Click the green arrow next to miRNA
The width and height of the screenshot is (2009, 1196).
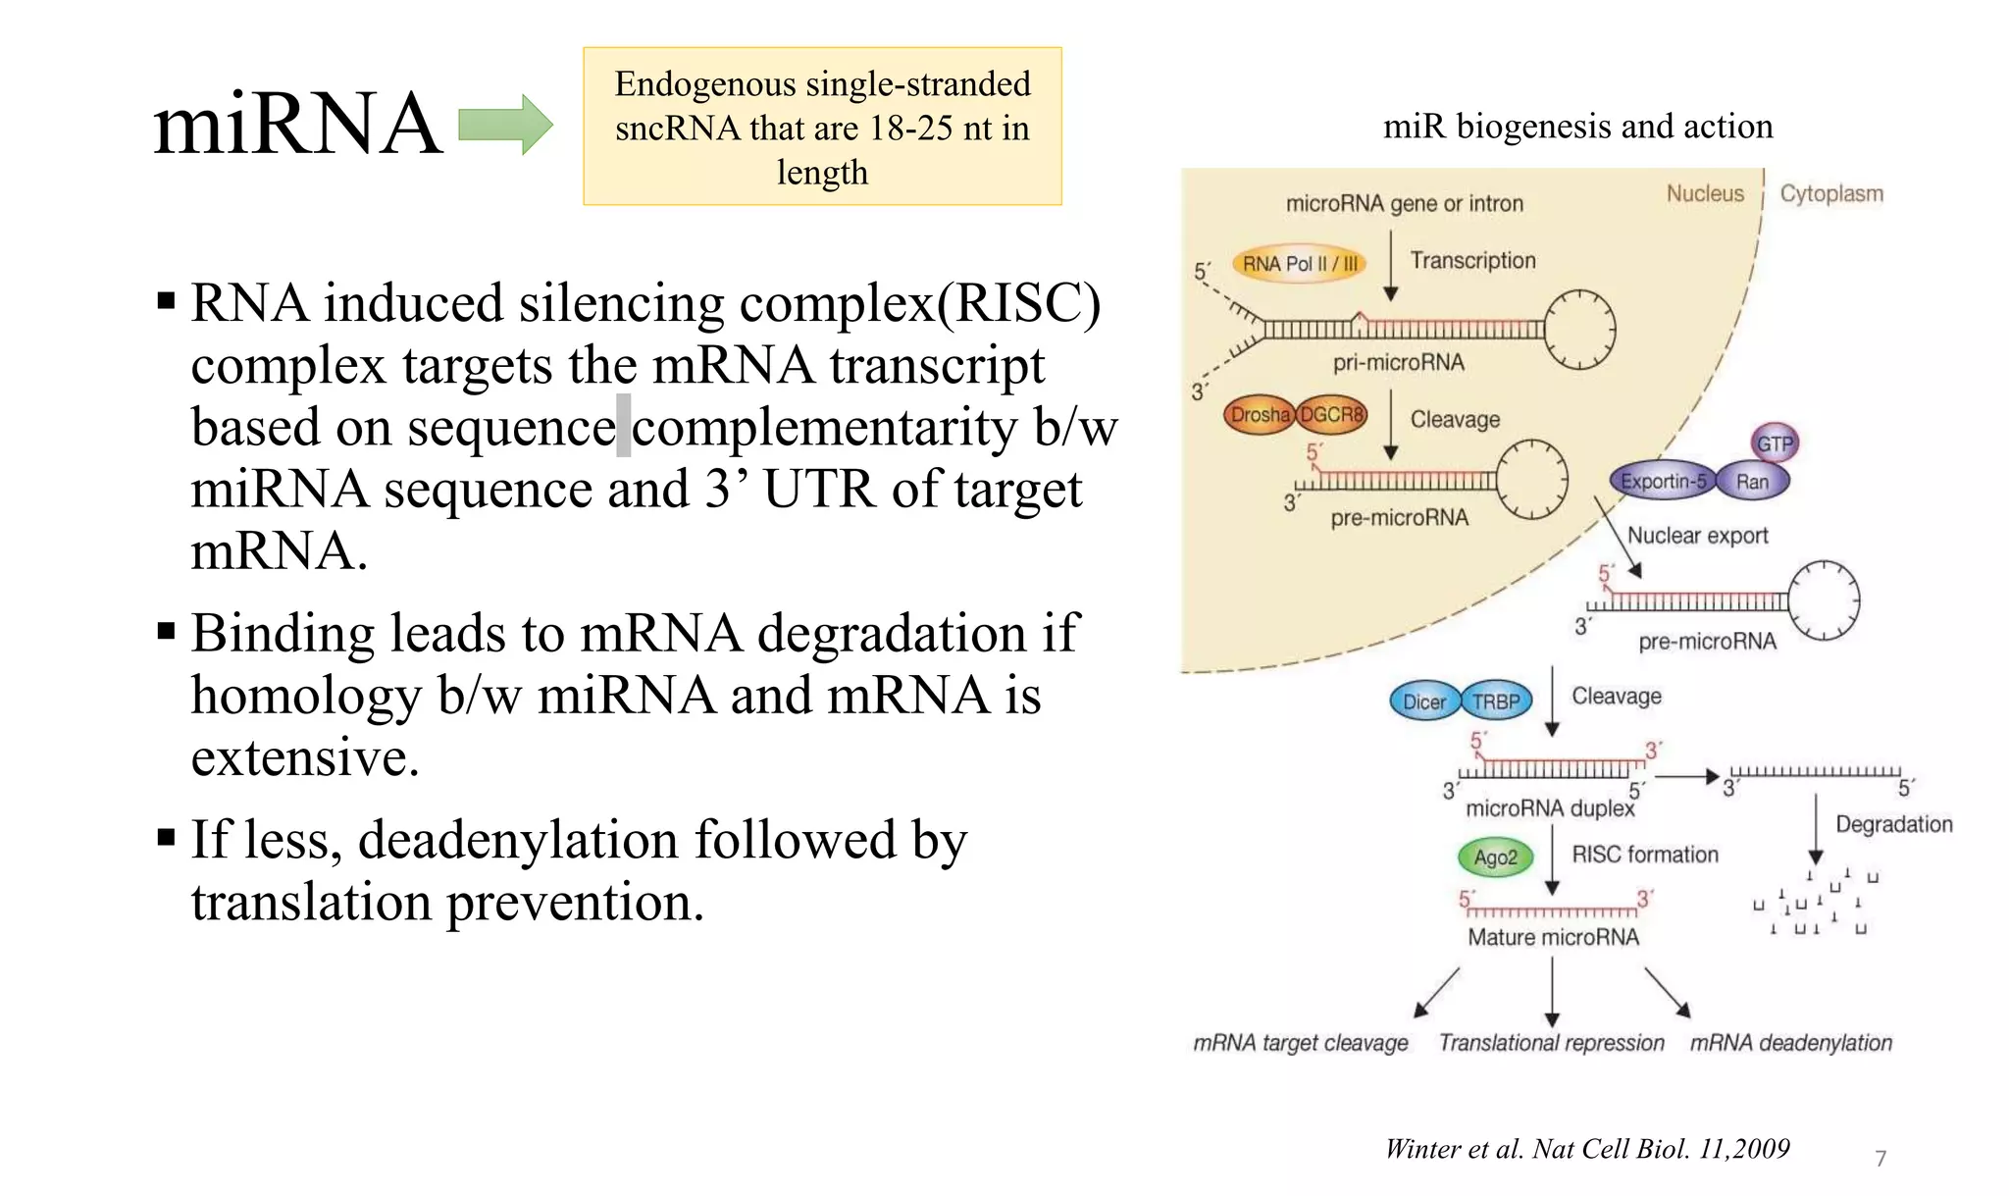(x=505, y=125)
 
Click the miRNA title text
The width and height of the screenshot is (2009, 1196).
(x=297, y=124)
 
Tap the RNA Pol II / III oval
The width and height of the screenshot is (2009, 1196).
(x=1299, y=263)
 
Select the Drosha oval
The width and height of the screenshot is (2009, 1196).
(x=1260, y=415)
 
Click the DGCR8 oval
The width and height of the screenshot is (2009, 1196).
(x=1332, y=415)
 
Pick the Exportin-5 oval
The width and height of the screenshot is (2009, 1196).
(x=1663, y=481)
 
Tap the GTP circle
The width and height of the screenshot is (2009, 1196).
(x=1774, y=443)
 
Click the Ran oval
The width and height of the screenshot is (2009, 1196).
(x=1752, y=481)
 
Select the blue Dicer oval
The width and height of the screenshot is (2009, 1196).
(x=1423, y=702)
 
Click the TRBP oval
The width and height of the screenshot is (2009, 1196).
(x=1496, y=702)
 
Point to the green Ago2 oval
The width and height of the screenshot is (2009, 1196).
(x=1495, y=858)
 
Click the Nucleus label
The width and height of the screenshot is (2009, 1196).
(x=1705, y=193)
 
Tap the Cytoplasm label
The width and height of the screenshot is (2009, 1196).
(x=1831, y=193)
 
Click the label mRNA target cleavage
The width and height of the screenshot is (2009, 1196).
(x=1300, y=1043)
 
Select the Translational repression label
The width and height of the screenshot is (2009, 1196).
(x=1551, y=1043)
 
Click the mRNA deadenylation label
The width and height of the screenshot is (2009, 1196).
(x=1790, y=1043)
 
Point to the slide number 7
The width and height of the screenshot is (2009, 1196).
(x=1880, y=1159)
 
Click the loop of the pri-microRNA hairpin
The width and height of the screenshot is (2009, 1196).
(x=1579, y=330)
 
